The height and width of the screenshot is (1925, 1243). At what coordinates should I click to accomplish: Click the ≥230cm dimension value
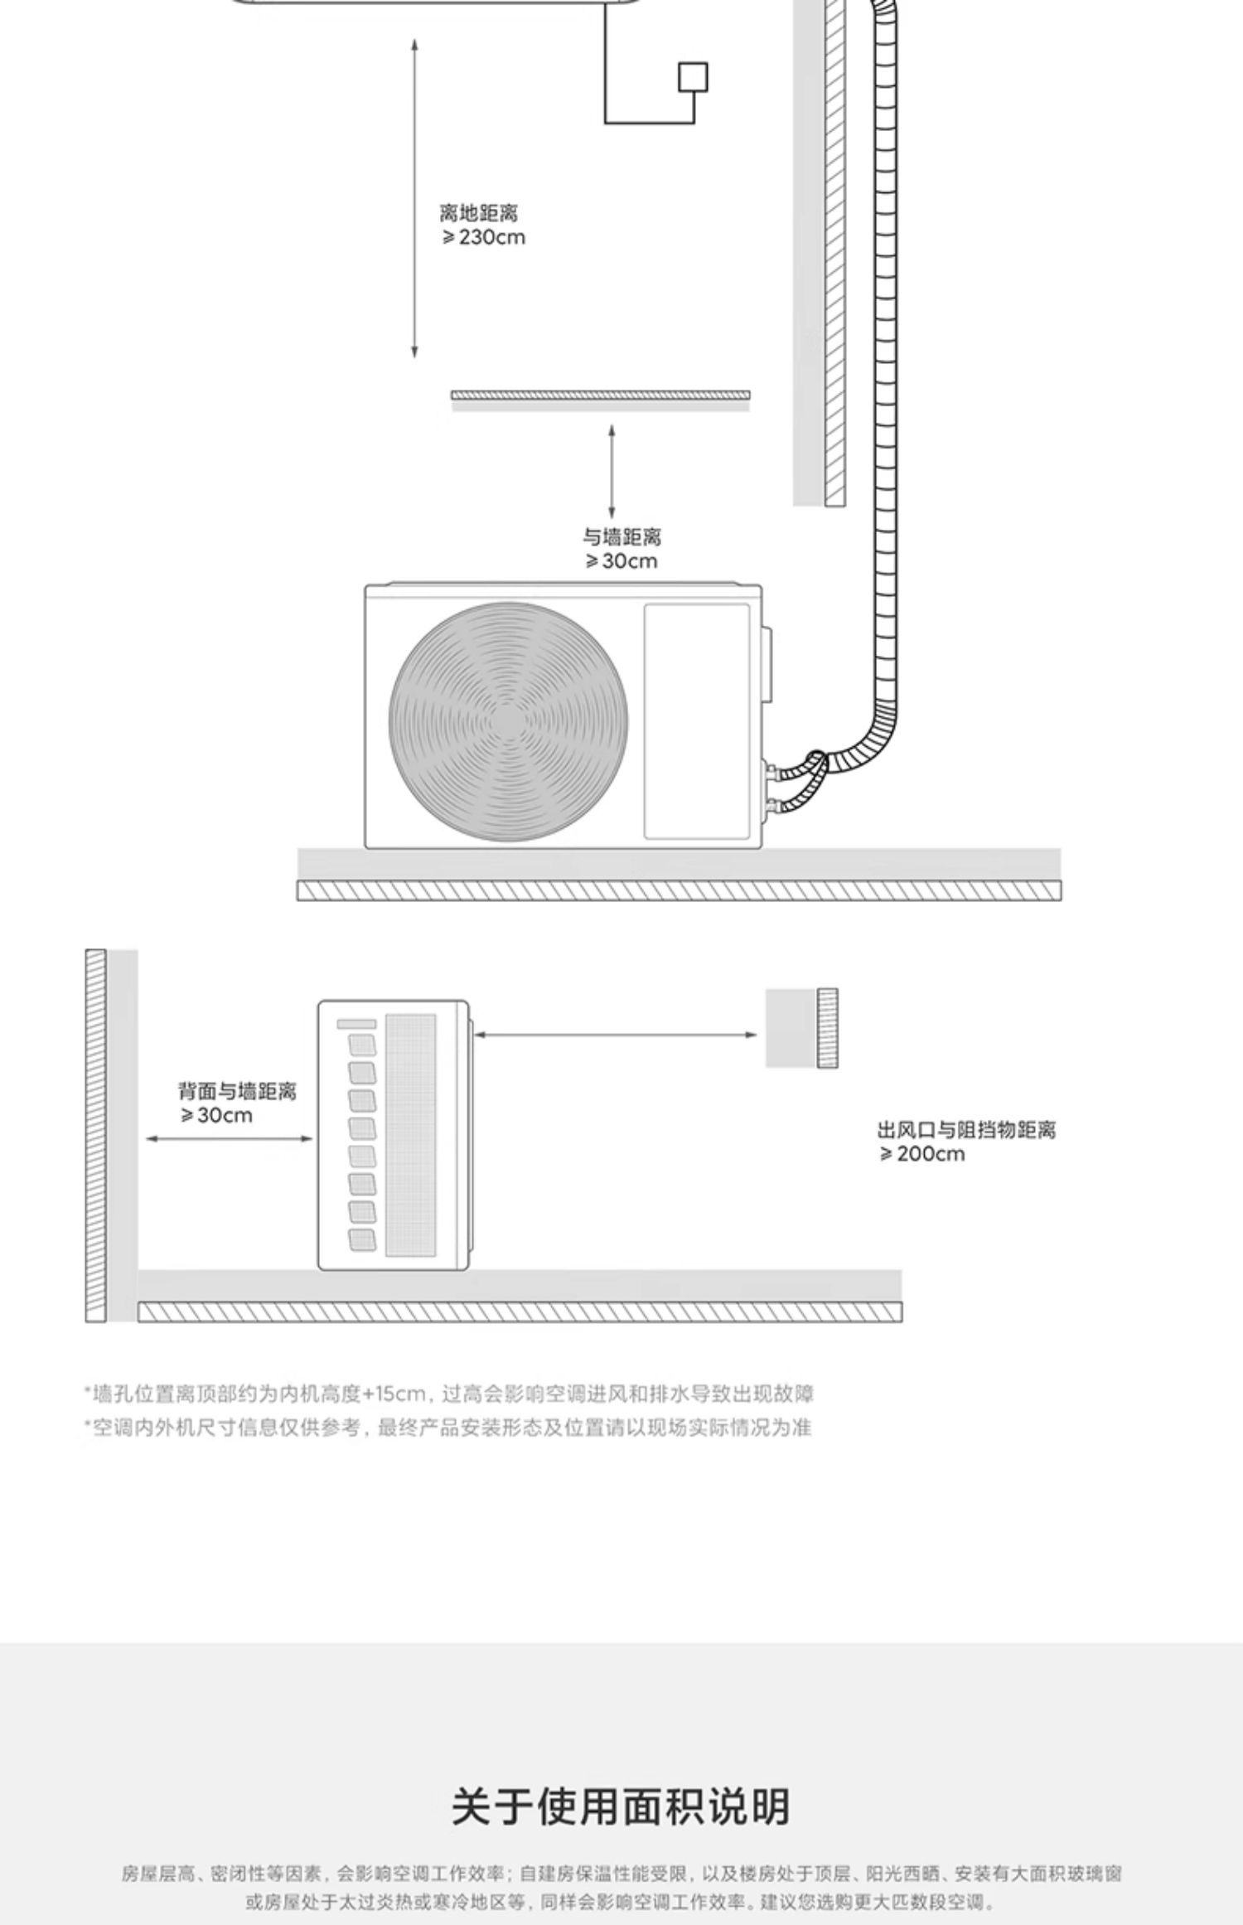[483, 238]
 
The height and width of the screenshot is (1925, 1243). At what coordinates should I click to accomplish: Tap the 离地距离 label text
[478, 213]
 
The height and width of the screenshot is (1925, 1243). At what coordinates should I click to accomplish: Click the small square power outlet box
[693, 77]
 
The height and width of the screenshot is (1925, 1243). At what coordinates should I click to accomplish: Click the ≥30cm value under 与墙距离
[621, 561]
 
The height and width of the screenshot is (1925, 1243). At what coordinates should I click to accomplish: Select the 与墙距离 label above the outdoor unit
[621, 537]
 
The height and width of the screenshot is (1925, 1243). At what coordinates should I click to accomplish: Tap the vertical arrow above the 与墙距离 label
[612, 471]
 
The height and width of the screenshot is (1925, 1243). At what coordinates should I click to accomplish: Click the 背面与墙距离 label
[237, 1091]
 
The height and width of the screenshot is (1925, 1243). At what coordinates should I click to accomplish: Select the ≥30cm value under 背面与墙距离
[216, 1116]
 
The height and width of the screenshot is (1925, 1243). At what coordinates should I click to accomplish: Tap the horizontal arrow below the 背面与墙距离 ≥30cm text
[230, 1138]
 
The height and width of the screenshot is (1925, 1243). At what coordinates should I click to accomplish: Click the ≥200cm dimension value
[922, 1154]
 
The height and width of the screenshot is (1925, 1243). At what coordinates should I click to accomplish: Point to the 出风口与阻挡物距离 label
[966, 1130]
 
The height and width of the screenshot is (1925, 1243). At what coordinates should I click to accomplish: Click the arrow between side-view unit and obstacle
[615, 1035]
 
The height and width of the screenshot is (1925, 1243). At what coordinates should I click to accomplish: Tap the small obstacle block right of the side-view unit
[801, 1028]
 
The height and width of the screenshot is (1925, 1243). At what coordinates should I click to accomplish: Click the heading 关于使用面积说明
[621, 1807]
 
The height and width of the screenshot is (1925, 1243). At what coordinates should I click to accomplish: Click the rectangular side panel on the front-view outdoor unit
[697, 720]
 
